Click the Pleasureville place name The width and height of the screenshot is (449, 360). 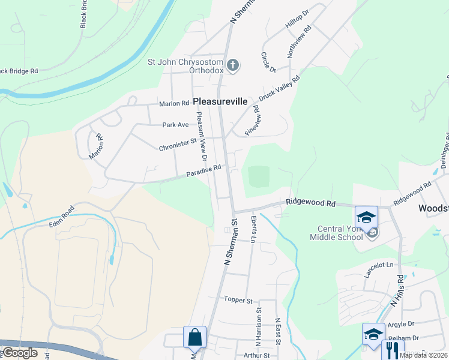point(220,102)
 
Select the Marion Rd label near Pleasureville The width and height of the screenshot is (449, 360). point(173,104)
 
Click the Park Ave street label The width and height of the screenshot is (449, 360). point(175,125)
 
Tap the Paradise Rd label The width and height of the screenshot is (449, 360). point(203,170)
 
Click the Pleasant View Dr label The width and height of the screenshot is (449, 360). point(200,137)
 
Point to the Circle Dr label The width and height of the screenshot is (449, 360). point(268,62)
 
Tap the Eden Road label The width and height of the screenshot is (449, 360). point(62,217)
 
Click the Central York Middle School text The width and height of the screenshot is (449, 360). point(336,232)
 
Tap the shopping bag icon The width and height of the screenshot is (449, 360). point(195,338)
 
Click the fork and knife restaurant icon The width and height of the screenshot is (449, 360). point(393,350)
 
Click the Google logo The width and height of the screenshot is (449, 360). point(20,352)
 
